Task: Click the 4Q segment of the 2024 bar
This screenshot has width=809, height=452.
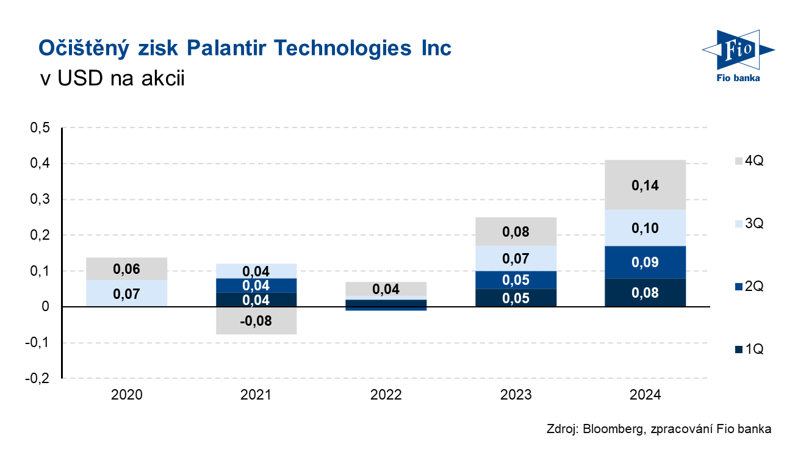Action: point(645,185)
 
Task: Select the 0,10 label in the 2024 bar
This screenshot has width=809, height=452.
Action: point(645,228)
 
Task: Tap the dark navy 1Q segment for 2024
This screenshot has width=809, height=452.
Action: point(645,292)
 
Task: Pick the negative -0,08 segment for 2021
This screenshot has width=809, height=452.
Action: point(256,320)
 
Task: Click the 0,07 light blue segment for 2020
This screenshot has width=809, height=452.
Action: point(127,293)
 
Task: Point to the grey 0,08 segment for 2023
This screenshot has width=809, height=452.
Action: point(516,232)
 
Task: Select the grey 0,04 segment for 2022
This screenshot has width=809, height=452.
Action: point(386,289)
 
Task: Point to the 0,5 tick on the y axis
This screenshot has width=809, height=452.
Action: point(40,128)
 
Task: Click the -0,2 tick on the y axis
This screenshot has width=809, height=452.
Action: point(37,378)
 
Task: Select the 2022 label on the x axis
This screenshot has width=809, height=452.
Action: point(386,395)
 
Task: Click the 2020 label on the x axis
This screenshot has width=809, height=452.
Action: point(127,395)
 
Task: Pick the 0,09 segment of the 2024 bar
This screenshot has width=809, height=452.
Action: point(645,262)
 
